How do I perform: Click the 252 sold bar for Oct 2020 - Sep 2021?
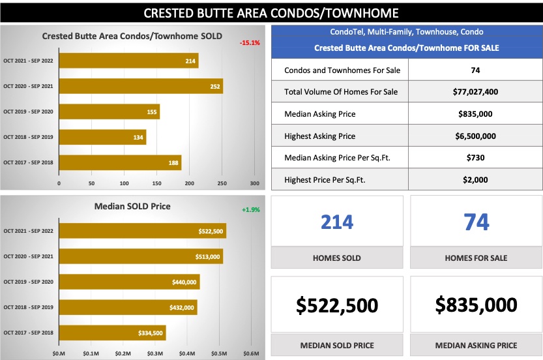140,86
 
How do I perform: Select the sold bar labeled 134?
102,137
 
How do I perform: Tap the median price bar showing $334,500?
111,333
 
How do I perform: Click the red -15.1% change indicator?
250,42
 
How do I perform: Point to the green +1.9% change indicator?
250,210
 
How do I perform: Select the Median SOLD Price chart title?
132,206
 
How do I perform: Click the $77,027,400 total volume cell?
475,92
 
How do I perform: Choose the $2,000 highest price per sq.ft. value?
475,180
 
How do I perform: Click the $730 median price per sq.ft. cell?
475,158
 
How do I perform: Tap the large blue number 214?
337,222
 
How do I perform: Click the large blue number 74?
477,222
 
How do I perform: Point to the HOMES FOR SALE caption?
477,258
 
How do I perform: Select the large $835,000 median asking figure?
477,305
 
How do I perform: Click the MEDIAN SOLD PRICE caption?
337,345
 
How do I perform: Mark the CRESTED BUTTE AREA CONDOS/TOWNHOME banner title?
271,12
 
